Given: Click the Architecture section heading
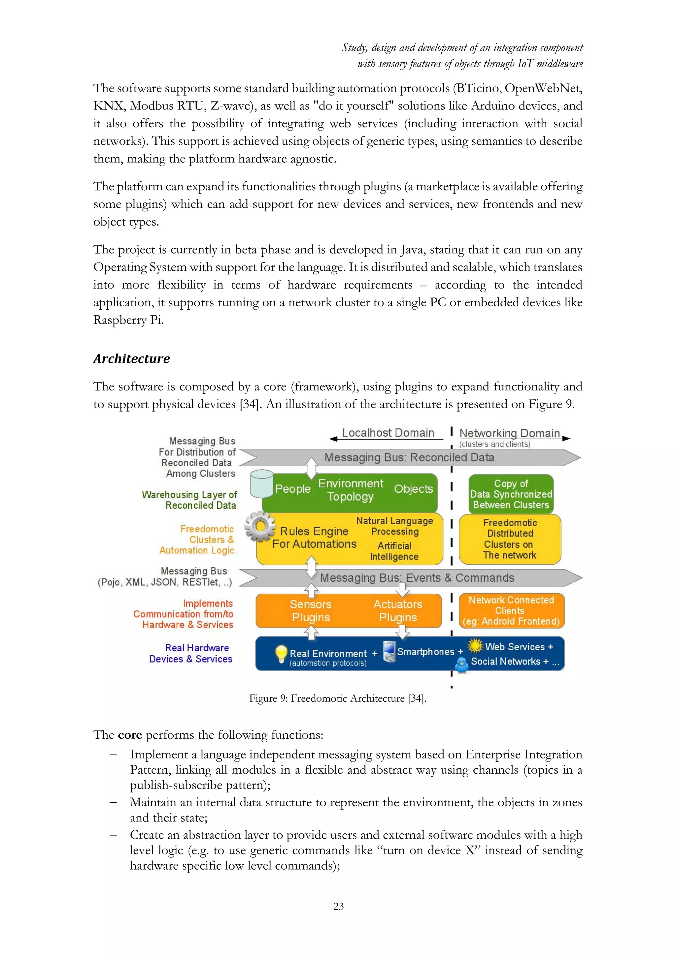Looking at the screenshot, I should pyautogui.click(x=132, y=358).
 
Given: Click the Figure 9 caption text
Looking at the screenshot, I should pyautogui.click(x=338, y=698).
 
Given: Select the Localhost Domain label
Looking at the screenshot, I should pyautogui.click(x=388, y=433).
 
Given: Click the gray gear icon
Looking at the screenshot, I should pyautogui.click(x=260, y=527).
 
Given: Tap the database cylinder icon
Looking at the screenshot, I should pyautogui.click(x=262, y=483).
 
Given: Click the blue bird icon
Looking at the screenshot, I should pyautogui.click(x=461, y=665).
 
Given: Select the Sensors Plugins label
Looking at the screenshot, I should pyautogui.click(x=311, y=611).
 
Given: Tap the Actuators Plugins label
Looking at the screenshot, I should pyautogui.click(x=398, y=611).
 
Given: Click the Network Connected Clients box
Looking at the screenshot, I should pyautogui.click(x=511, y=611).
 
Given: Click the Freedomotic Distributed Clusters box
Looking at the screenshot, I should pyautogui.click(x=510, y=539).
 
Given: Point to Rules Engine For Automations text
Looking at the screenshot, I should pyautogui.click(x=314, y=538).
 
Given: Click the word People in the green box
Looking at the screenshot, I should pyautogui.click(x=293, y=489).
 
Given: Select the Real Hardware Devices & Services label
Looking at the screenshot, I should pyautogui.click(x=191, y=654).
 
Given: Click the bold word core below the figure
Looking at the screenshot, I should pyautogui.click(x=130, y=735).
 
